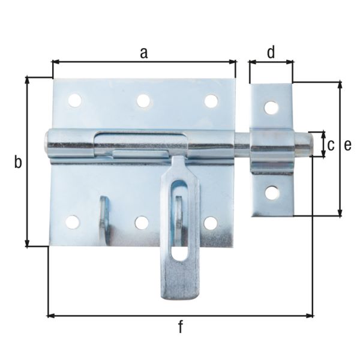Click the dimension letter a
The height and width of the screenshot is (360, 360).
coord(143,52)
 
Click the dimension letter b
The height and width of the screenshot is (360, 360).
coord(18,162)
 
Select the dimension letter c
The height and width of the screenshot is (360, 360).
coord(331,144)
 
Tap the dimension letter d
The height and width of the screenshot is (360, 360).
coord(271,52)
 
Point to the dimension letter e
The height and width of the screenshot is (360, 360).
coord(347,144)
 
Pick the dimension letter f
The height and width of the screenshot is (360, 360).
coord(180,327)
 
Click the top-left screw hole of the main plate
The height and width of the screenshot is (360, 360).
coord(75,100)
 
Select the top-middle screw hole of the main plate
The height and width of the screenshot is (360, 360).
coord(143,101)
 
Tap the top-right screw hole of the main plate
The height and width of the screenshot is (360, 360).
coord(211,101)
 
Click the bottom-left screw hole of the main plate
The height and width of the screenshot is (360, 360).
coord(73,223)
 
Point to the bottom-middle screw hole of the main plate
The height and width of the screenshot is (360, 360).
coord(142,223)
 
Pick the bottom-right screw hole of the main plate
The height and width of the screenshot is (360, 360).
coord(210,223)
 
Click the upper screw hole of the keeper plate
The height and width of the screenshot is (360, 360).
coord(272,108)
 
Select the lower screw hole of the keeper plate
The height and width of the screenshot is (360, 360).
coord(272,193)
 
